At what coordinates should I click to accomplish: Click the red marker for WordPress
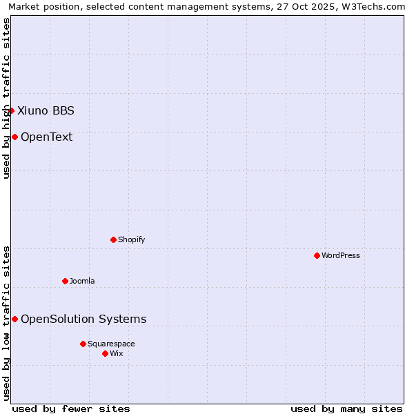317,255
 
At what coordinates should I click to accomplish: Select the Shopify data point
113,239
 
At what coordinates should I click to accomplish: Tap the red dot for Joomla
65,281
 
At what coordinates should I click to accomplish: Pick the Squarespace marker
83,344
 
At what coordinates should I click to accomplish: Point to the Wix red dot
105,353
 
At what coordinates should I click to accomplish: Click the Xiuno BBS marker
11,110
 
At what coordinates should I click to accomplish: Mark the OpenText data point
14,137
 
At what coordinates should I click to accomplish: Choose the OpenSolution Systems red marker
14,319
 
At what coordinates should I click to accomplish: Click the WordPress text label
341,255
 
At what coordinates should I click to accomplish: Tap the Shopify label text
131,239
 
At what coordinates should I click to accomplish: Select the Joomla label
82,281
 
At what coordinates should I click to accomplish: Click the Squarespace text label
111,344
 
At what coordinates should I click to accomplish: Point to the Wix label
116,353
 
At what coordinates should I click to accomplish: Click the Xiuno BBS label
46,110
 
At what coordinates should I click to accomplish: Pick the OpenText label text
46,137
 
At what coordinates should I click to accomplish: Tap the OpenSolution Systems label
83,319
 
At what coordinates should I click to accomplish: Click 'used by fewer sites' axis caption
71,408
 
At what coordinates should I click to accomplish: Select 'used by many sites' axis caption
346,408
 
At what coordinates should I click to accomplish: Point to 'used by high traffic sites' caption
7,98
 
